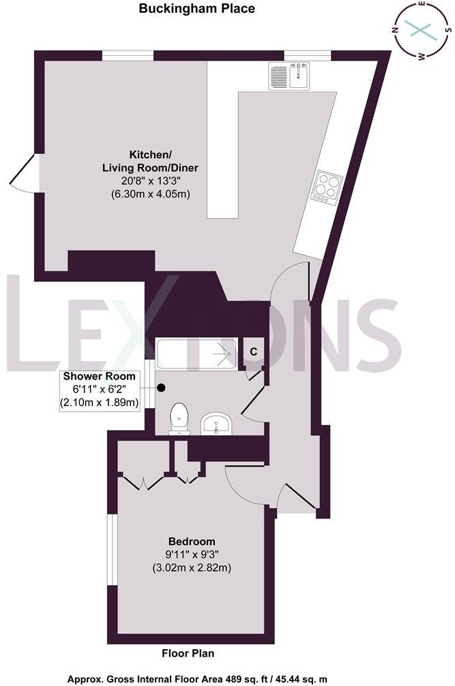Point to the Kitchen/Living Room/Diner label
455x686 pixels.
pyautogui.click(x=149, y=160)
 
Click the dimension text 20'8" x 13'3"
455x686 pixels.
pyautogui.click(x=150, y=181)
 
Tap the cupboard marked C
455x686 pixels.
pyautogui.click(x=253, y=352)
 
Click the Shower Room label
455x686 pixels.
pyautogui.click(x=100, y=376)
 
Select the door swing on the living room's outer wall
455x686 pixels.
pyautogui.click(x=24, y=170)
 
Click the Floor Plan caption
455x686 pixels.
pyautogui.click(x=188, y=653)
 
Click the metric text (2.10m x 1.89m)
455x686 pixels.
pyautogui.click(x=100, y=403)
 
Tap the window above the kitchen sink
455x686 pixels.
pyautogui.click(x=308, y=56)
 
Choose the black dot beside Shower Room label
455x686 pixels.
pyautogui.click(x=162, y=388)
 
